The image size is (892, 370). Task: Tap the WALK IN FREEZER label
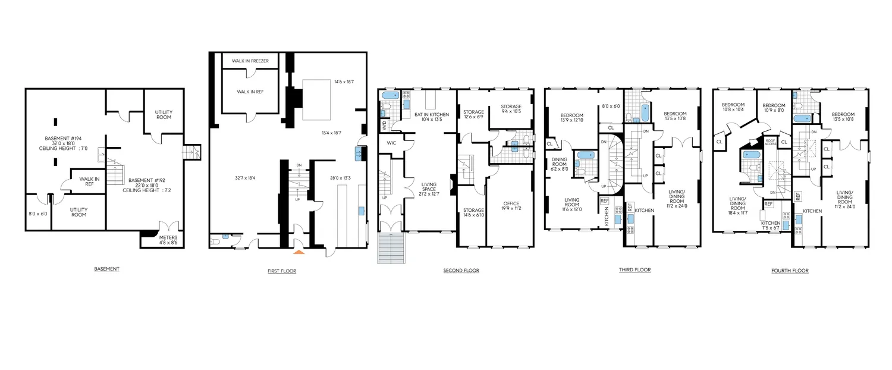point(250,61)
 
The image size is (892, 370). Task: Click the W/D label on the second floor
point(384,126)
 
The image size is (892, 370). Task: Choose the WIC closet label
point(391,143)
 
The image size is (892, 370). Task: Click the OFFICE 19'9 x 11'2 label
point(511,206)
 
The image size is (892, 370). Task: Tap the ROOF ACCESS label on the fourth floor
point(770,142)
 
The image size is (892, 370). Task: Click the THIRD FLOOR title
point(635,270)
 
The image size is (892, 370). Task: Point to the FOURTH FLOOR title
point(790,271)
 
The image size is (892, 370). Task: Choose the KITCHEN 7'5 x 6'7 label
point(770,222)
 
